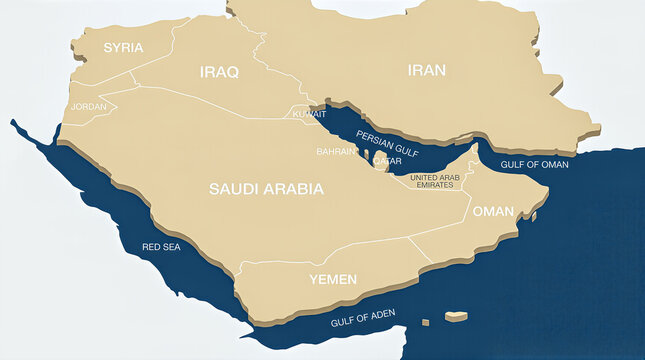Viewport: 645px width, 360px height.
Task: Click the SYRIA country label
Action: coord(124,47)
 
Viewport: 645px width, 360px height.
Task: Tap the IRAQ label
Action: coord(219,72)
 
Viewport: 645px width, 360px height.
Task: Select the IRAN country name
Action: coord(427,70)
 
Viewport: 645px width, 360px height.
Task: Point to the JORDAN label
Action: coord(89,106)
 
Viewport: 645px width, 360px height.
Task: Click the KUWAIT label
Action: coord(309,114)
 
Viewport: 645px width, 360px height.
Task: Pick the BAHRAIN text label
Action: coord(336,151)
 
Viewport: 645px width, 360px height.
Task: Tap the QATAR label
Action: coord(387,160)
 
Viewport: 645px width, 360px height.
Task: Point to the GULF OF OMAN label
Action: coord(534,164)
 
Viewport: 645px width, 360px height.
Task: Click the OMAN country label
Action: coord(492,211)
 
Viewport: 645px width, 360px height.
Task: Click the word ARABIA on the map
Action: coord(297,188)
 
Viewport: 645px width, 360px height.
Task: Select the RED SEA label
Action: coord(161,246)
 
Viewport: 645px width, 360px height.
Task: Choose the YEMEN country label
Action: coord(333,279)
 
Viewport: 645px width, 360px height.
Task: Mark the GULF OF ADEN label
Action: coord(363,319)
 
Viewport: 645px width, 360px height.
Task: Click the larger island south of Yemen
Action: coord(456,316)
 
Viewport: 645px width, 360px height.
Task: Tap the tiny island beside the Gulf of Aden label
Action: coord(425,322)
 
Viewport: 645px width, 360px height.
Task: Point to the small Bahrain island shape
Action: coord(366,155)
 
